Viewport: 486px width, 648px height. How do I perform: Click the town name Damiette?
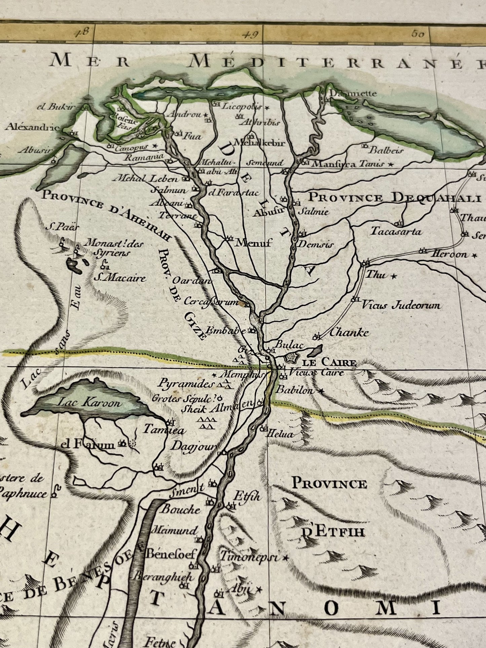pyautogui.click(x=353, y=93)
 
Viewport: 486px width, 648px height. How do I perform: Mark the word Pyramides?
pyautogui.click(x=186, y=384)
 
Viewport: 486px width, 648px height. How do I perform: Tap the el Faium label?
pyautogui.click(x=88, y=445)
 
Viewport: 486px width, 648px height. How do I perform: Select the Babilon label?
pyautogui.click(x=295, y=390)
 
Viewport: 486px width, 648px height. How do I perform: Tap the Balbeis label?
pyautogui.click(x=386, y=150)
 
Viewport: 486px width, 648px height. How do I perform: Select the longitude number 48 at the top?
pyautogui.click(x=82, y=33)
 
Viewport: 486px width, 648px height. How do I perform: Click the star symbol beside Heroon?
pyautogui.click(x=475, y=255)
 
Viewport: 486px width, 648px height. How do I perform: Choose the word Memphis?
pyautogui.click(x=239, y=374)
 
